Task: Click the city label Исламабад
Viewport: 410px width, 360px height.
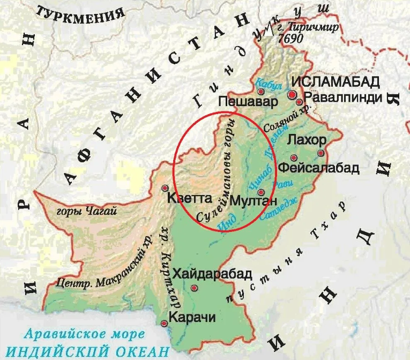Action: tap(336, 81)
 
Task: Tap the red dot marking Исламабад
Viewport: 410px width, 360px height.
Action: tap(292, 95)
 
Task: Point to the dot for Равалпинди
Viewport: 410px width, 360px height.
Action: tap(300, 98)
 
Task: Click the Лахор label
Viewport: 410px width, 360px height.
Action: tap(307, 140)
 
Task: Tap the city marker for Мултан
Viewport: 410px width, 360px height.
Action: tap(261, 193)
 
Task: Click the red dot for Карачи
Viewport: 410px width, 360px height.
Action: tap(164, 322)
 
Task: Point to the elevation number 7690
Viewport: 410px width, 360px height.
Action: tap(287, 39)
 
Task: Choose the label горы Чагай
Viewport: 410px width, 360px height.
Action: tap(79, 212)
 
